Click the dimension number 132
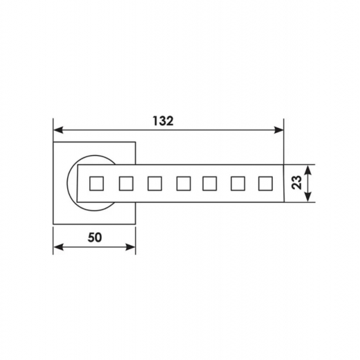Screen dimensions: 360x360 (x=163, y=121)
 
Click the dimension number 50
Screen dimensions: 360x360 (x=95, y=237)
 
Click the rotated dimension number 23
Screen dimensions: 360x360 (x=296, y=183)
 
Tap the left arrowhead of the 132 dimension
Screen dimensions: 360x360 (x=58, y=130)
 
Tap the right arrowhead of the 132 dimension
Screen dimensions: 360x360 (x=279, y=130)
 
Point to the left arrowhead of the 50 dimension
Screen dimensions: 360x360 (x=58, y=247)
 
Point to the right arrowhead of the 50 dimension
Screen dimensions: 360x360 (x=130, y=247)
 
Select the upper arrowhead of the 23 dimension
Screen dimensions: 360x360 (x=308, y=170)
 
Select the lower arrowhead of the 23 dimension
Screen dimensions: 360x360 (x=308, y=197)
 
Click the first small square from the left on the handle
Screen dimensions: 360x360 (x=96, y=183)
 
